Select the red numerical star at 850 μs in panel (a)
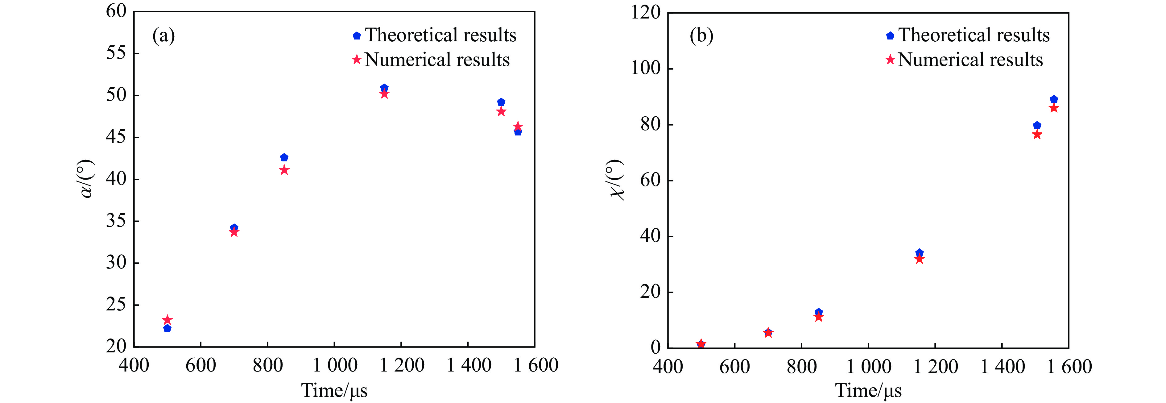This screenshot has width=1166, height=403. pyautogui.click(x=284, y=170)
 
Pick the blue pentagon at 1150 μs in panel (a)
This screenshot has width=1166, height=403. pyautogui.click(x=384, y=88)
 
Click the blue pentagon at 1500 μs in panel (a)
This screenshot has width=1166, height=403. pyautogui.click(x=501, y=102)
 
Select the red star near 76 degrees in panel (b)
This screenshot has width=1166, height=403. pyautogui.click(x=1037, y=135)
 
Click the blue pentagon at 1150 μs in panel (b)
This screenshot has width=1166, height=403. pyautogui.click(x=919, y=253)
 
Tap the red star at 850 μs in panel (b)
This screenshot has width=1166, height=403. pyautogui.click(x=818, y=317)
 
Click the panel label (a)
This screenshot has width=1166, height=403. pyautogui.click(x=163, y=35)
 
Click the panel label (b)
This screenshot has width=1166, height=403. pyautogui.click(x=701, y=35)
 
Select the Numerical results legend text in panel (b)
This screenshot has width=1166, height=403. pyautogui.click(x=970, y=59)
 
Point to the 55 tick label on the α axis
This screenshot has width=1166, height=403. pyautogui.click(x=116, y=53)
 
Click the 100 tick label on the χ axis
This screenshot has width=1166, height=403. pyautogui.click(x=646, y=69)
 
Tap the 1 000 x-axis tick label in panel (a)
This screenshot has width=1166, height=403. pyautogui.click(x=335, y=365)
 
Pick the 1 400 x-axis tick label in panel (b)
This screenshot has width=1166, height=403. pyautogui.click(x=1002, y=366)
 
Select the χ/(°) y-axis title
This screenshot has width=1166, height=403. pyautogui.click(x=616, y=180)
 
